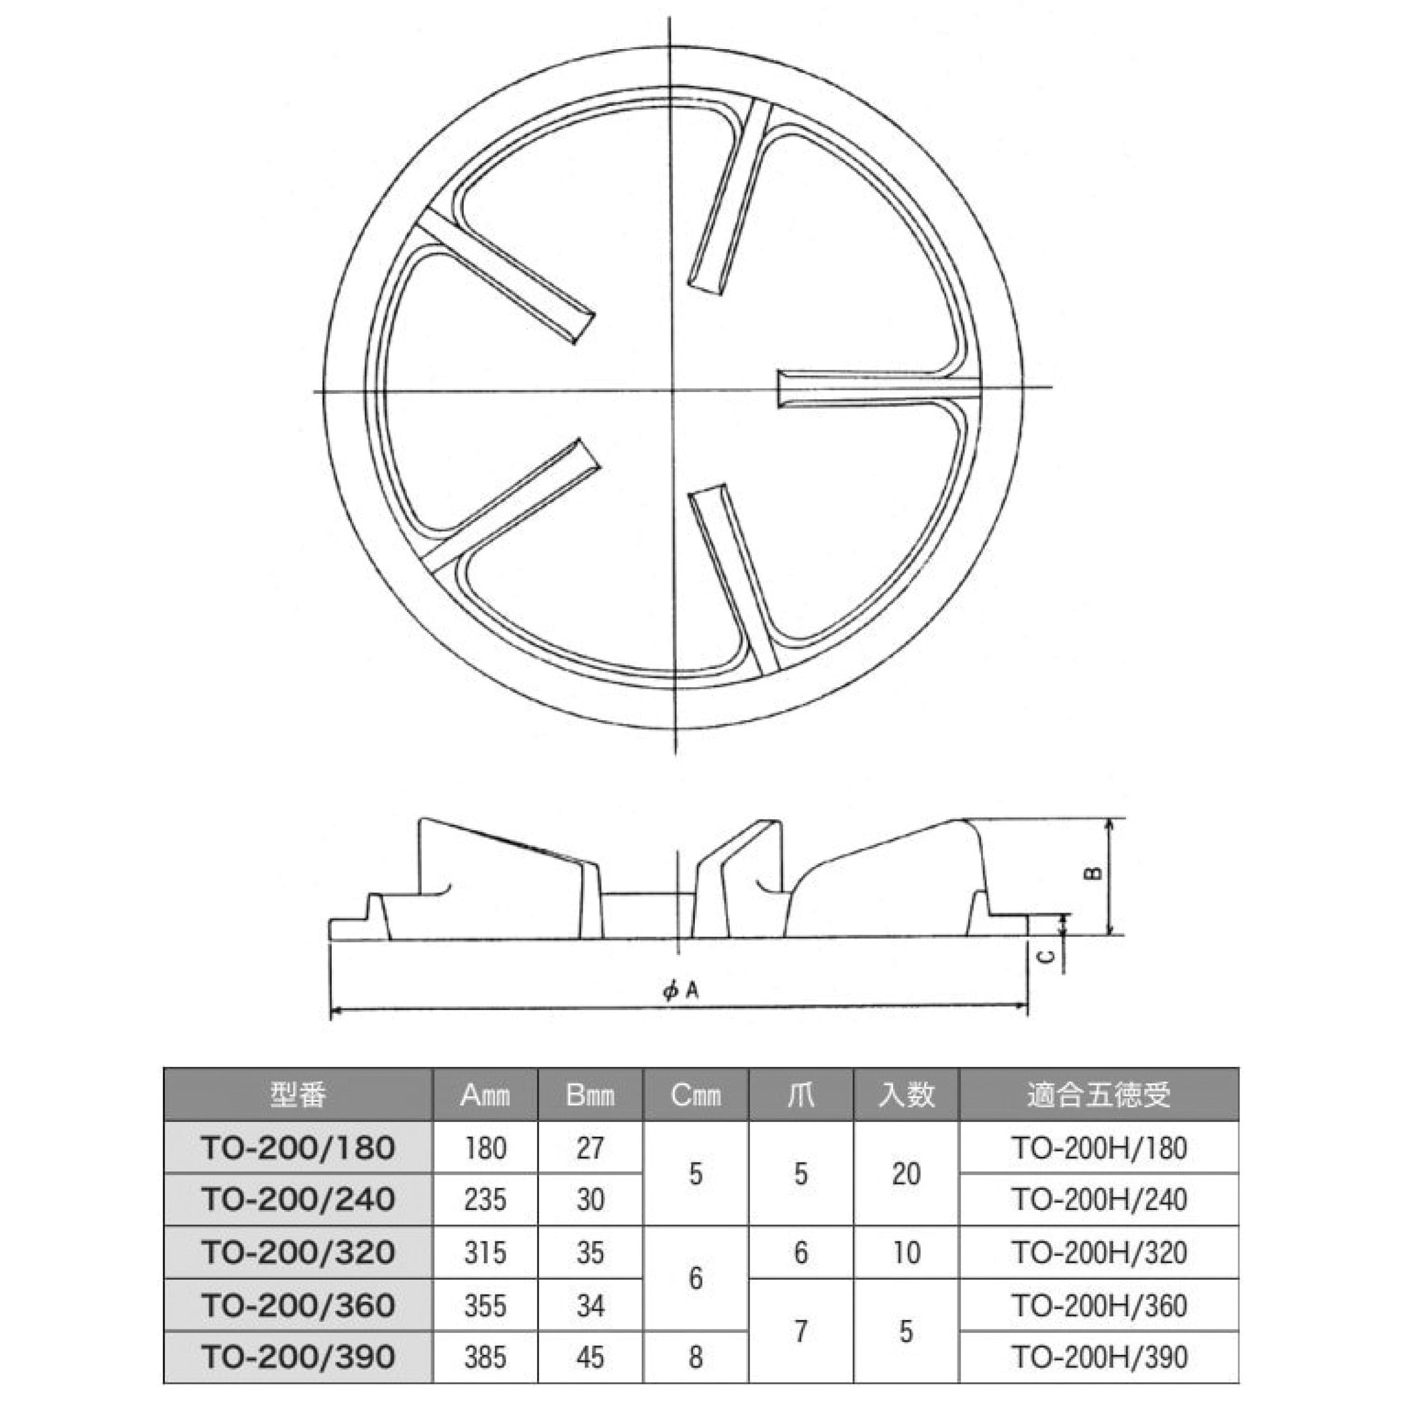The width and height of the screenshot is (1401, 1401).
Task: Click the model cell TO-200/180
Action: coord(298,1148)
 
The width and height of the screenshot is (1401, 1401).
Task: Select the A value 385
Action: coord(485,1357)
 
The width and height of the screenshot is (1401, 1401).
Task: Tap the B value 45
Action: coord(590,1357)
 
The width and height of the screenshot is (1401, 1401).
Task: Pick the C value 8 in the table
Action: coord(695,1357)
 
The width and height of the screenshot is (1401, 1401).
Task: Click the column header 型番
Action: coord(298,1094)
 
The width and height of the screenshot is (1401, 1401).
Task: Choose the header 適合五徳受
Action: coord(1099,1094)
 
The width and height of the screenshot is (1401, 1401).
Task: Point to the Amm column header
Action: coord(485,1094)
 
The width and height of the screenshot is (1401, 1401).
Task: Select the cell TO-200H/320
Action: coord(1099,1253)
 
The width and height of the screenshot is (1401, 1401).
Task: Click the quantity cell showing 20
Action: coord(906,1173)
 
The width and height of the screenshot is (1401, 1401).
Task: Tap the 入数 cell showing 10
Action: coord(906,1253)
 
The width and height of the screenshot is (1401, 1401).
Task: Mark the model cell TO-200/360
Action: coord(298,1305)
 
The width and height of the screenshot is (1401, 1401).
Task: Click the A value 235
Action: coord(485,1199)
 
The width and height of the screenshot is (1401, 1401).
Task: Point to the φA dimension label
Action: coord(680,991)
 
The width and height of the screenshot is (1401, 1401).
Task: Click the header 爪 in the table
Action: coord(801,1094)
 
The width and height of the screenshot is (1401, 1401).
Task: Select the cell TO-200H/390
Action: coord(1099,1357)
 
